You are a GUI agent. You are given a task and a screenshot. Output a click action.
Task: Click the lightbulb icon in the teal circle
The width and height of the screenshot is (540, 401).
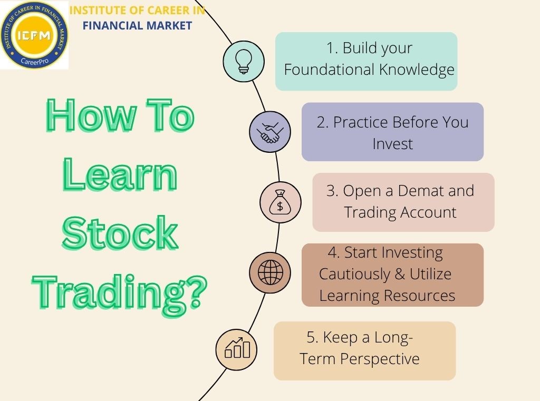click(244, 61)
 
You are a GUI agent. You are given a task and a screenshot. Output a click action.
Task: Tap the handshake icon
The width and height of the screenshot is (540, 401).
click(270, 132)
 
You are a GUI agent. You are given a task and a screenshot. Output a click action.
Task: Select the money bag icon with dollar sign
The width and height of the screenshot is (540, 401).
click(281, 202)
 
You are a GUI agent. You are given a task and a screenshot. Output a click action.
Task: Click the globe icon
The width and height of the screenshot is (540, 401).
click(270, 272)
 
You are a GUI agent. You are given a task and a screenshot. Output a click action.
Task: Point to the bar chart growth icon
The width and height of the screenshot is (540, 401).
click(237, 348)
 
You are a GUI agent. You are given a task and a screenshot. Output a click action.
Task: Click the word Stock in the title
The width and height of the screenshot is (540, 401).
click(120, 233)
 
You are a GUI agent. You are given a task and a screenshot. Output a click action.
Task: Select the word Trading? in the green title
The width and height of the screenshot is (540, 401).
click(120, 290)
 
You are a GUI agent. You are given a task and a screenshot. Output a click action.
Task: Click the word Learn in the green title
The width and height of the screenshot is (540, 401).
click(120, 176)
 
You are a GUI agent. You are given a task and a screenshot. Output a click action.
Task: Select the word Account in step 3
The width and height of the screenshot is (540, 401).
click(427, 212)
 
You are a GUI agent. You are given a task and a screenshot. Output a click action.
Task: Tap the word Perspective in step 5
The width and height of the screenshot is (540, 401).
click(380, 359)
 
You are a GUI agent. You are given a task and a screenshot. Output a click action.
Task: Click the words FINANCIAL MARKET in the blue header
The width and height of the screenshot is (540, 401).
click(137, 25)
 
